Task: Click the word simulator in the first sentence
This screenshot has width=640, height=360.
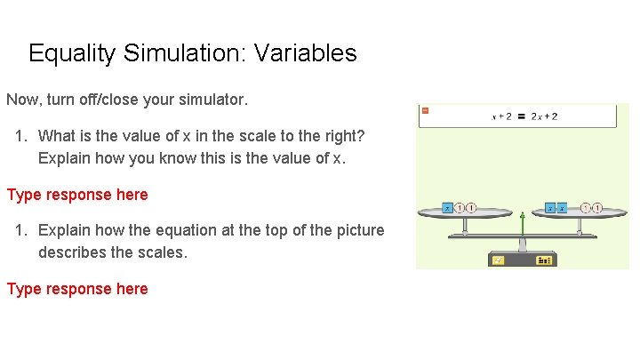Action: tap(210, 100)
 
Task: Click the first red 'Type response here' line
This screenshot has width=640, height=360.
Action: tap(77, 195)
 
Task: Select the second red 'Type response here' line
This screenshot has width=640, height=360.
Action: tap(77, 289)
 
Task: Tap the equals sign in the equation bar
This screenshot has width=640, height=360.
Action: tap(521, 116)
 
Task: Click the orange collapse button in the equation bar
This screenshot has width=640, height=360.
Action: tap(425, 110)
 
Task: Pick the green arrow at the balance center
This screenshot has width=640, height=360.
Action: tap(522, 224)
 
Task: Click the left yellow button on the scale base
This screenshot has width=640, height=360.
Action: tap(499, 260)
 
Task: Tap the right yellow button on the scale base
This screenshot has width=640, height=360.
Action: tap(542, 260)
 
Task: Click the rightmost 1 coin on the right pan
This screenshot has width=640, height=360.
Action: tap(597, 208)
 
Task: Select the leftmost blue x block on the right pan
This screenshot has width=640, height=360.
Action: tap(551, 208)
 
